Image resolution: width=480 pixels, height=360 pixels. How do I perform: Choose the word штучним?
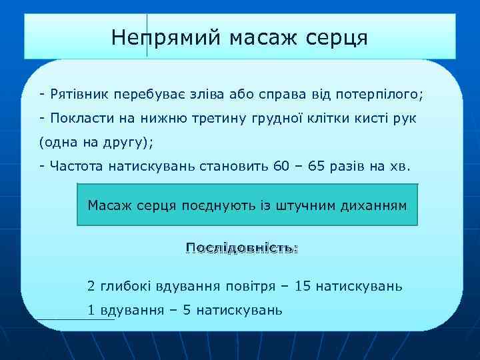(x=309, y=205)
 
